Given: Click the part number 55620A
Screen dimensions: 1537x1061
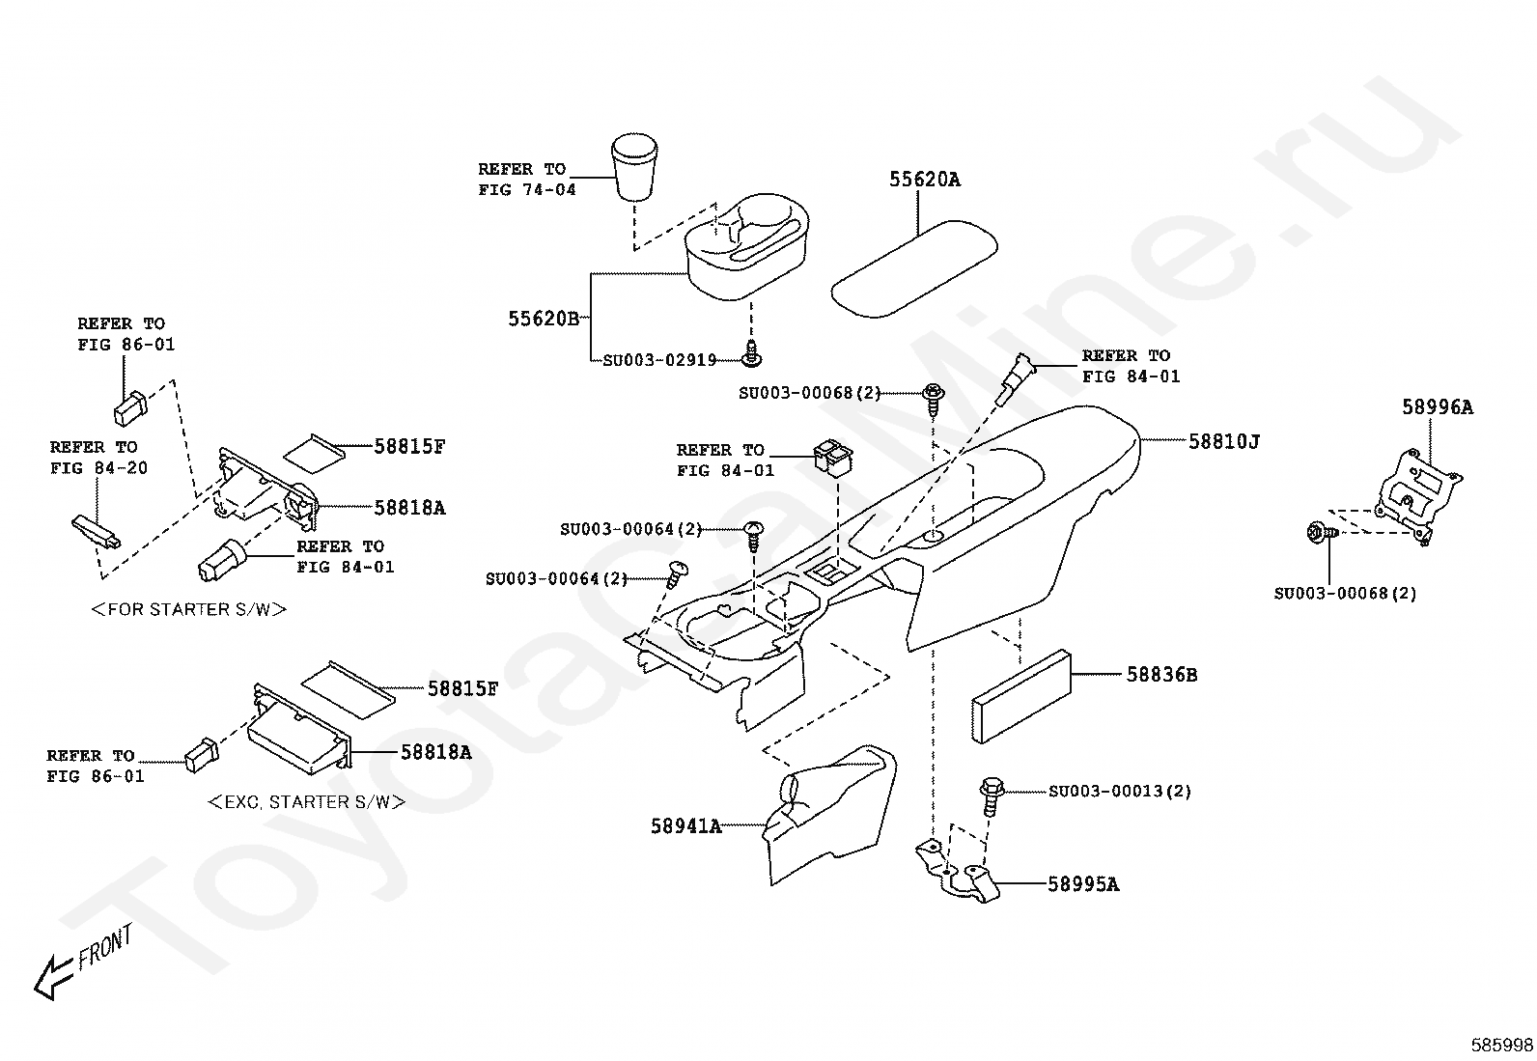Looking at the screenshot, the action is click(x=924, y=180).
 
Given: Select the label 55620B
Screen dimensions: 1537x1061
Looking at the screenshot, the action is click(x=544, y=320).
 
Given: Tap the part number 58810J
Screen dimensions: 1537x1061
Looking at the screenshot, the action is click(x=1224, y=441).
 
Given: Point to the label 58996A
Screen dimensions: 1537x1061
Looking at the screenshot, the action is click(x=1438, y=407).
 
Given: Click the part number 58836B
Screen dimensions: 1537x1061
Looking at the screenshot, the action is click(x=1161, y=675).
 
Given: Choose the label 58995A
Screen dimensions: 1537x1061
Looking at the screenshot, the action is click(x=1083, y=884).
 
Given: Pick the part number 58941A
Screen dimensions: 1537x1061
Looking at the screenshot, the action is click(x=686, y=826).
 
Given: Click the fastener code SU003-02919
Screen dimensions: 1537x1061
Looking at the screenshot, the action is click(x=659, y=360).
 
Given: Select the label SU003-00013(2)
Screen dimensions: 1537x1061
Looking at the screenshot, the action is click(x=1120, y=792).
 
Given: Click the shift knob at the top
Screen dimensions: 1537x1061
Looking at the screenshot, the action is click(x=634, y=167).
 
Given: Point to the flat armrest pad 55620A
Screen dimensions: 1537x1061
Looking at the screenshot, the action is click(x=914, y=269).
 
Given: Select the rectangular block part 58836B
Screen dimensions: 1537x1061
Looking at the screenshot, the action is click(x=1021, y=697).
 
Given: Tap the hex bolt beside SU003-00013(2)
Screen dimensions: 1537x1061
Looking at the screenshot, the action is click(x=992, y=796).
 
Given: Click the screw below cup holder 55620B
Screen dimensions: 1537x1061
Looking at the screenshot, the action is click(x=752, y=354).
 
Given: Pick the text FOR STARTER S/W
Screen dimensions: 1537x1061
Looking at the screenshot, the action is click(x=188, y=609).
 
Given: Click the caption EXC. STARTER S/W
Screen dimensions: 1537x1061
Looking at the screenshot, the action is click(x=306, y=802).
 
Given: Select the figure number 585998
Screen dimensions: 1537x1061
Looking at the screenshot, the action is click(x=1501, y=1046).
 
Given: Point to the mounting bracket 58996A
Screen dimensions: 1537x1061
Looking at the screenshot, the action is click(x=1416, y=495).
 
